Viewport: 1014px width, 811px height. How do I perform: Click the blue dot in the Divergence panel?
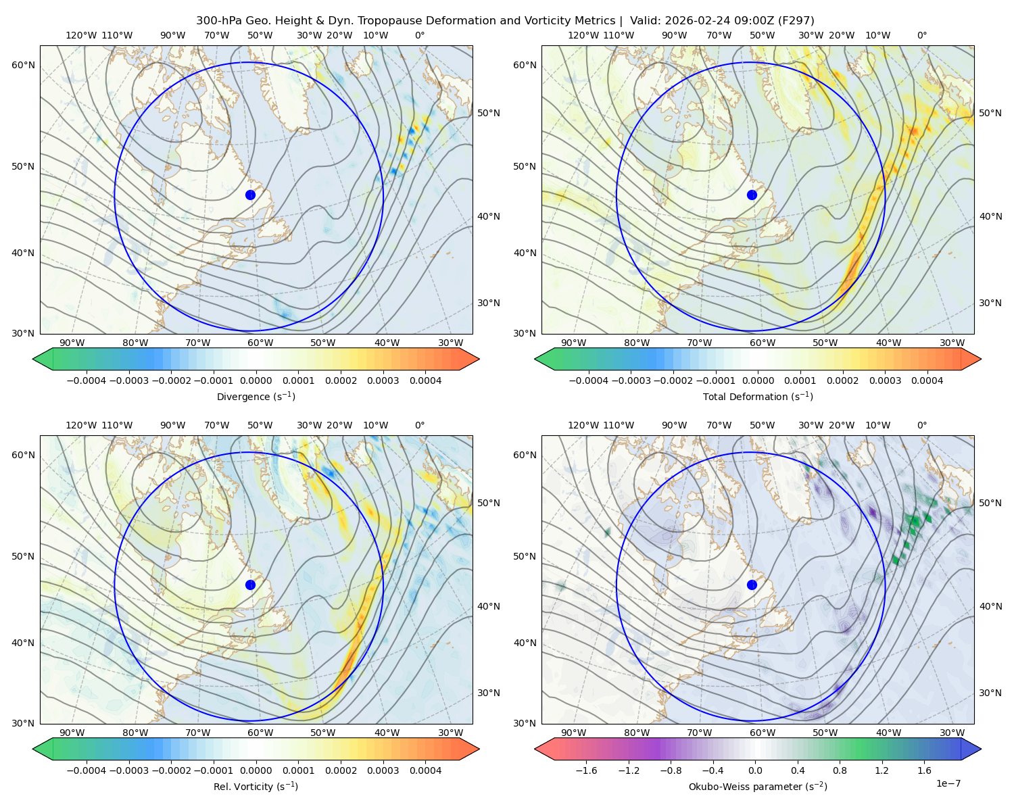tap(250, 195)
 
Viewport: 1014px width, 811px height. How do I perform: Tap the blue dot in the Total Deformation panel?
tap(752, 195)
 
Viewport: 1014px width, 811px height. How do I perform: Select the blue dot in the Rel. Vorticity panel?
tap(250, 585)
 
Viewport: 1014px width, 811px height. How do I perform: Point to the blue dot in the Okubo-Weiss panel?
tap(752, 585)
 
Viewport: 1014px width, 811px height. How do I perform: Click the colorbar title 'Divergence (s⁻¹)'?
tap(256, 397)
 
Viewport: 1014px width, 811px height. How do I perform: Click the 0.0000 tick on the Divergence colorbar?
tap(256, 380)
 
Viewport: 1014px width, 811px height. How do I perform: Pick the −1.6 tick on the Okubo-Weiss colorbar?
tap(586, 770)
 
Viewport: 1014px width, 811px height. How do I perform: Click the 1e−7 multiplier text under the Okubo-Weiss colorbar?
tap(948, 784)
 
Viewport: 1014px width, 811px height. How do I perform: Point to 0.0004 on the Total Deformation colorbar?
tap(927, 380)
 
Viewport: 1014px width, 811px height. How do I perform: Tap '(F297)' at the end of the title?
tap(796, 21)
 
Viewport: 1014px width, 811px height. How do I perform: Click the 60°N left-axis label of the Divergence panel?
tap(23, 65)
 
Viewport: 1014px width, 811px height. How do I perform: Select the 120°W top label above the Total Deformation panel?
tap(583, 35)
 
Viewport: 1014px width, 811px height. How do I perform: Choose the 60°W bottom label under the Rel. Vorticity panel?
tap(260, 733)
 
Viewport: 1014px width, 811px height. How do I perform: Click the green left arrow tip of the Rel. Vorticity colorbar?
tap(33, 749)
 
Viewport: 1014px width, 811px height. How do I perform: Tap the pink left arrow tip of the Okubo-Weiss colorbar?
tap(535, 749)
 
